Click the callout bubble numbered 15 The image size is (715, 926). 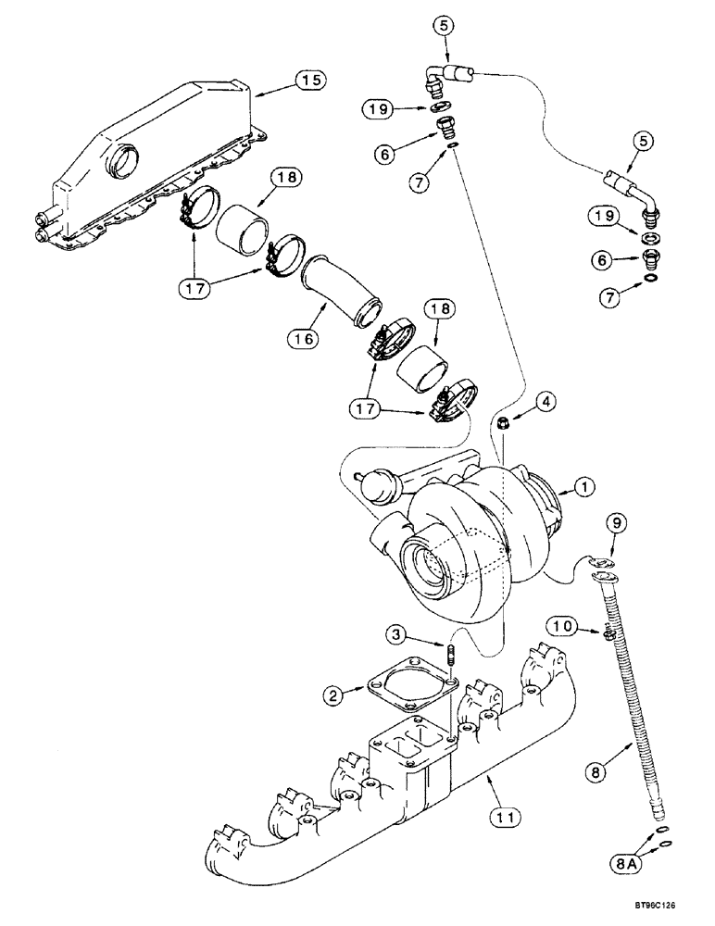point(312,81)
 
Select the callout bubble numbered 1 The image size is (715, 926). point(583,485)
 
